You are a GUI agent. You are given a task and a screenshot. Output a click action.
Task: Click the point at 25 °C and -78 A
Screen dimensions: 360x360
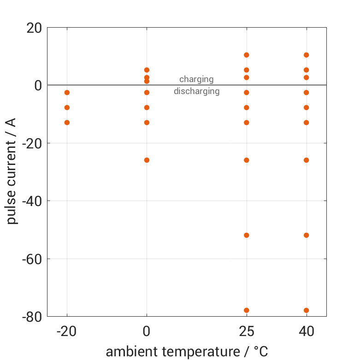click(x=247, y=310)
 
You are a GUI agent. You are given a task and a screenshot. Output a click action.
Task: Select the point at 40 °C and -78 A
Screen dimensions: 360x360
click(x=306, y=310)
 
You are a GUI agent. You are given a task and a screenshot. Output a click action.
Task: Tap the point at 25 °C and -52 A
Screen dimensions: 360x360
click(x=247, y=235)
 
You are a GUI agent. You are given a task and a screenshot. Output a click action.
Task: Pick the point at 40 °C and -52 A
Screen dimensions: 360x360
click(x=306, y=235)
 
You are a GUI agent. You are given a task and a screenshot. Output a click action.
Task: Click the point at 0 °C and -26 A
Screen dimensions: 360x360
click(x=147, y=160)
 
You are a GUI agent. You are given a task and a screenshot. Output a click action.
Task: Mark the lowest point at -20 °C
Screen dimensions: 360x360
click(x=67, y=123)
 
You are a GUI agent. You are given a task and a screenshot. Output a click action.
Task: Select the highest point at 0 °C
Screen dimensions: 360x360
click(x=147, y=70)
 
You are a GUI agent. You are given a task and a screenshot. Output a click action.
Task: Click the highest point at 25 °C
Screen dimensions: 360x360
click(x=247, y=55)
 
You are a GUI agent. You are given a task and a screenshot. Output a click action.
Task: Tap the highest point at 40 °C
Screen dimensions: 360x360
click(x=306, y=55)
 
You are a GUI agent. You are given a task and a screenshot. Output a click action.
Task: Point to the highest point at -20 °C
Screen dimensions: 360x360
click(x=67, y=93)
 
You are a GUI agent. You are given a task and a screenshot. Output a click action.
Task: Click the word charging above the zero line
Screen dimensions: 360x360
click(x=196, y=79)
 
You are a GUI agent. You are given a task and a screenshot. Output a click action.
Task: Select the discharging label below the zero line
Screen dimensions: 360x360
click(x=196, y=91)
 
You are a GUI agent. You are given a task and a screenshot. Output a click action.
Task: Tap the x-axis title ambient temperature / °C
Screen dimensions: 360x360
click(x=187, y=352)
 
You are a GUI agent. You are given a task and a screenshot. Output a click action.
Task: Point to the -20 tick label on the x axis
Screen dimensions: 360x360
click(x=67, y=331)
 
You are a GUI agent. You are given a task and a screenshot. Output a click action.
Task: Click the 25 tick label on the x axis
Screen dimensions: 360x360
click(x=247, y=331)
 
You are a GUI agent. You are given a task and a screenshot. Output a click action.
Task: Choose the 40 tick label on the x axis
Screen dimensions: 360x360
click(x=306, y=331)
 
